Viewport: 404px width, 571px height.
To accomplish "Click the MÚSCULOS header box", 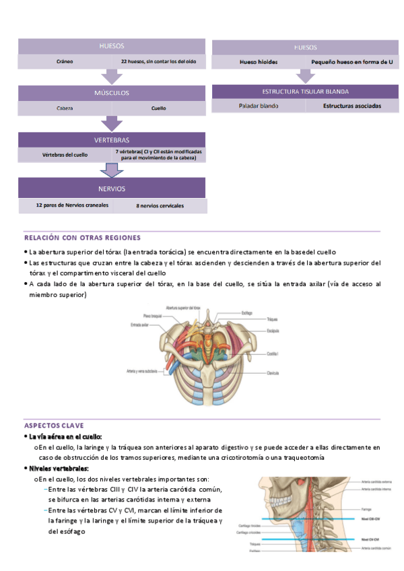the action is [112, 93].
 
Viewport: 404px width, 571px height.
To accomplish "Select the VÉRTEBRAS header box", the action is [112, 139].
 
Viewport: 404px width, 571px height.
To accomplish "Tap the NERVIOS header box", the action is [112, 188].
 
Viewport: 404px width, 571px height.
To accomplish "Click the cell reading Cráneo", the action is [65, 61].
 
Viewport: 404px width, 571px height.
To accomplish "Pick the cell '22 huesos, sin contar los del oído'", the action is [159, 61].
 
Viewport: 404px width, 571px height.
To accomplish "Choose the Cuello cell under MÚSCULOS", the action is [159, 108].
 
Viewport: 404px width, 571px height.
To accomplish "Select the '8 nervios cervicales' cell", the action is [160, 205].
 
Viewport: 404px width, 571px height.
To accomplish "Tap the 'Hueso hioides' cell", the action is [258, 62].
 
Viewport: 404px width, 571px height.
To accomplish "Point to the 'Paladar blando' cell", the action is [258, 106].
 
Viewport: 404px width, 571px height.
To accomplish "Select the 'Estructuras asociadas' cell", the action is [351, 106].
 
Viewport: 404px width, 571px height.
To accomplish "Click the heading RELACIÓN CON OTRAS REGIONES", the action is [82, 238].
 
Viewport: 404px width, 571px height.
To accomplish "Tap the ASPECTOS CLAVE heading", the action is [55, 426].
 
